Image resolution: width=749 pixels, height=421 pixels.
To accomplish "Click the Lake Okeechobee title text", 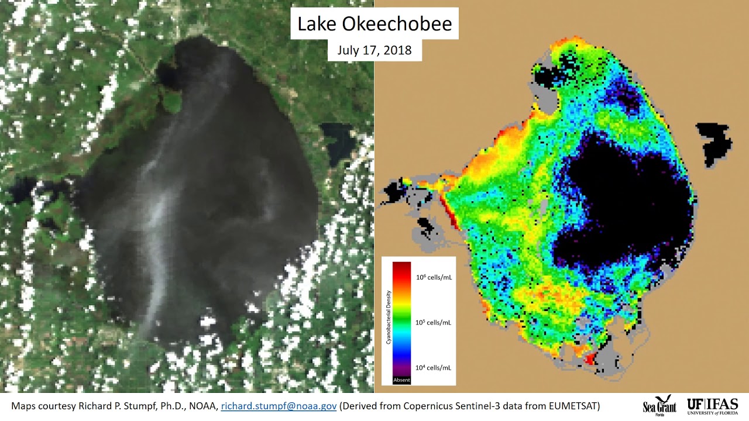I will click(x=374, y=25).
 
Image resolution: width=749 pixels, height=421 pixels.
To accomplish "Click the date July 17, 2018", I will click(x=374, y=50).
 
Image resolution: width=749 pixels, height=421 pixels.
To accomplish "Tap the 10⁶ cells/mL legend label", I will click(x=434, y=277).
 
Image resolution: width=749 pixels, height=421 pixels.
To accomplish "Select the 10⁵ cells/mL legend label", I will click(x=434, y=322).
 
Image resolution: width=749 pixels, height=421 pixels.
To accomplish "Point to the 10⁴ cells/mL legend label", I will click(x=434, y=368).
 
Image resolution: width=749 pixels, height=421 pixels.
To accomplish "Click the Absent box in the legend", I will click(x=401, y=380).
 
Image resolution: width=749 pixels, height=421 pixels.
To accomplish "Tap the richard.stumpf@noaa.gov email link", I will click(x=279, y=406).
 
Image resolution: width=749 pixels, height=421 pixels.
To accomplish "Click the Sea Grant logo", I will click(x=659, y=405).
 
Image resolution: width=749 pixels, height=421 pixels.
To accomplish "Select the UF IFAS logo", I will click(x=713, y=405).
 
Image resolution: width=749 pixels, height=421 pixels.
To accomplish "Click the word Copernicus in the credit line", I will click(x=416, y=406).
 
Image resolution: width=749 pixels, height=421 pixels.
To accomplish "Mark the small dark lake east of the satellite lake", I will click(x=338, y=140).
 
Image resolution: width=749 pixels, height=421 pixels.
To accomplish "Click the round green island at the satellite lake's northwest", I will click(x=171, y=104).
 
